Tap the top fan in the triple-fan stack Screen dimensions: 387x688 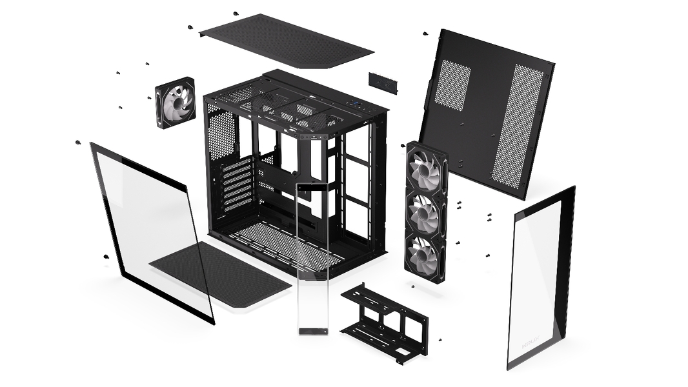click(x=426, y=170)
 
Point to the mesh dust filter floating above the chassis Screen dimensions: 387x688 click(x=287, y=40)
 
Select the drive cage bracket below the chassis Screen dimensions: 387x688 click(x=384, y=322)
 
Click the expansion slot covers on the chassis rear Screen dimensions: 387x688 click(x=236, y=184)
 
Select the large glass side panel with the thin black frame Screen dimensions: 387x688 click(x=152, y=229)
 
